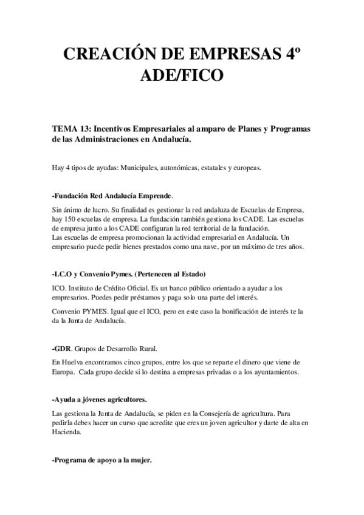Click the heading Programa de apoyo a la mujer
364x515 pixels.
[x=102, y=460]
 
